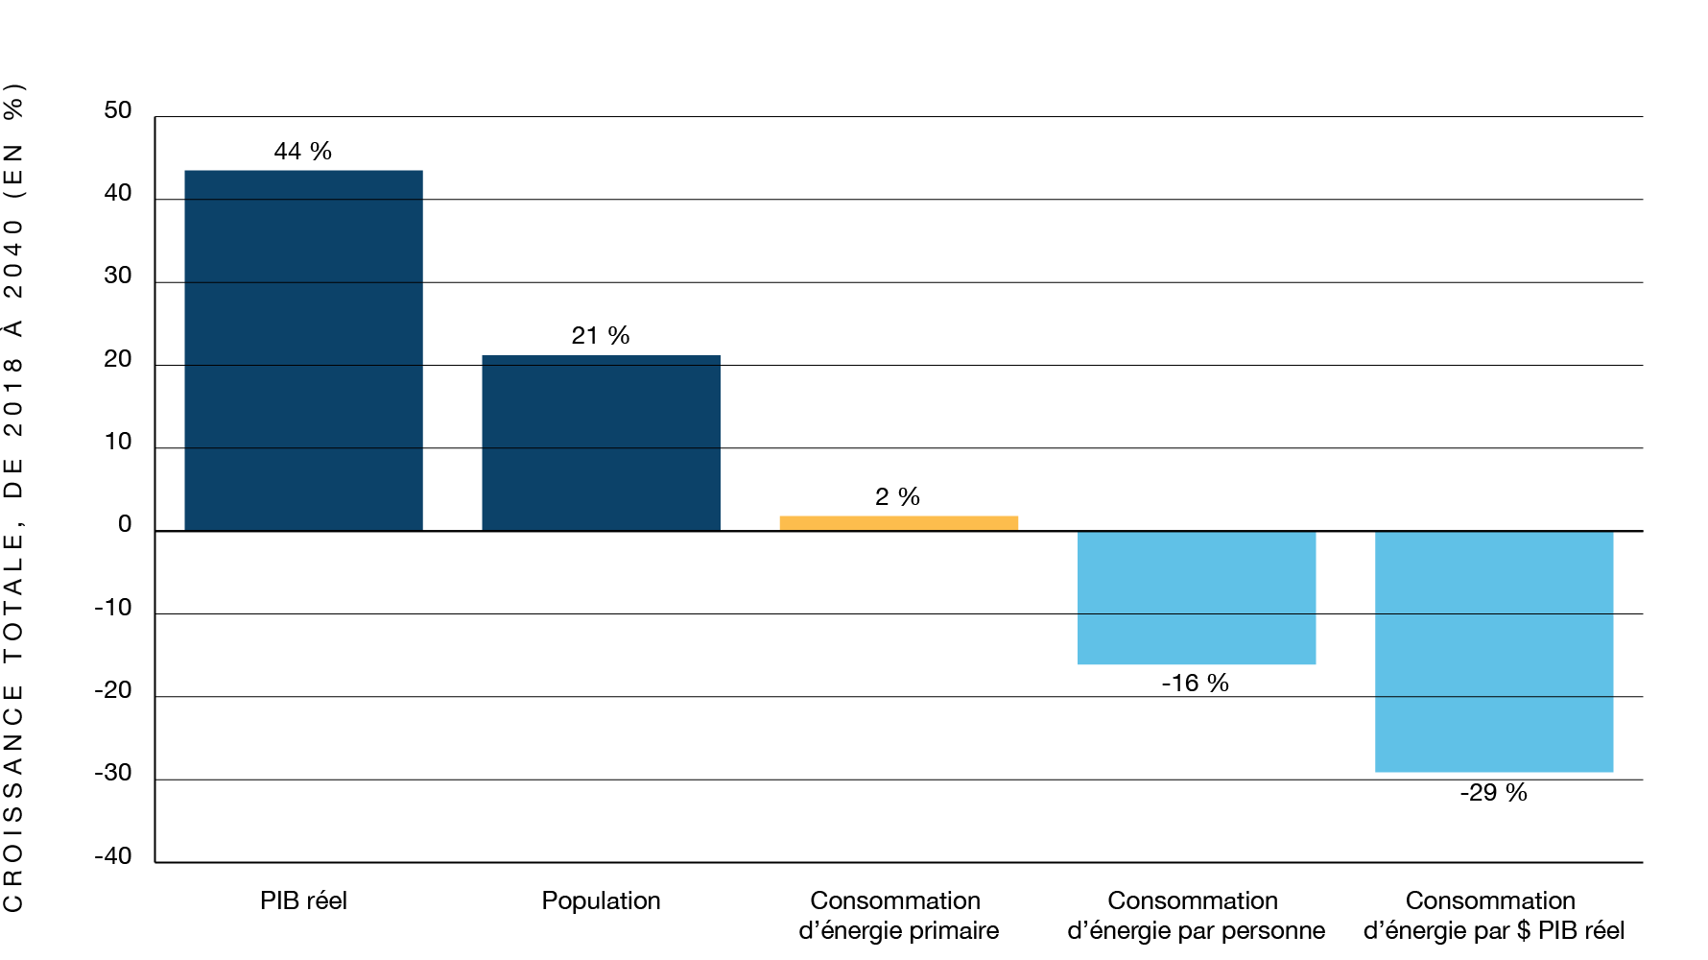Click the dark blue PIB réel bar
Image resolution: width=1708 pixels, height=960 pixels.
point(303,350)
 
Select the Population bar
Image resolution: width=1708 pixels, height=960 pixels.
point(601,443)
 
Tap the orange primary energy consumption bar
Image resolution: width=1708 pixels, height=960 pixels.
point(898,523)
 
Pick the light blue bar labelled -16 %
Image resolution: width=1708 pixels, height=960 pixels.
point(1196,597)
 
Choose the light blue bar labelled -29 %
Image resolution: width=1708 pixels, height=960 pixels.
point(1493,651)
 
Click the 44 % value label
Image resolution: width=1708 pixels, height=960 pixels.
point(303,152)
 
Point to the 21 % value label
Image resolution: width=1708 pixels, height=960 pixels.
point(601,336)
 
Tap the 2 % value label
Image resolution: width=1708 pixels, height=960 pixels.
point(897,497)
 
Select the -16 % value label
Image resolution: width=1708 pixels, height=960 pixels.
point(1195,684)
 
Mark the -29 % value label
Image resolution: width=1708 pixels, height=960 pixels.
point(1493,793)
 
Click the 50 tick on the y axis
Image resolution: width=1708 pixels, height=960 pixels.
point(118,111)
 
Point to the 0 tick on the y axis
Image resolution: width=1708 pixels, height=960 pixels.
point(125,525)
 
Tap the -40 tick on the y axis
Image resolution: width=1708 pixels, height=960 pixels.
point(113,856)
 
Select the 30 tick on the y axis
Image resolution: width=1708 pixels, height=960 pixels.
point(118,276)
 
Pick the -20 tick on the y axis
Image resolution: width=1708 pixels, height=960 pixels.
point(113,691)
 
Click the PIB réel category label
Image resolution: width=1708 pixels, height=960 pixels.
point(303,901)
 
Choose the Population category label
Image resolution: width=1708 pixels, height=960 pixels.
point(601,901)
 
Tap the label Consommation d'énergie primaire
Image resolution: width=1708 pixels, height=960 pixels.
point(898,916)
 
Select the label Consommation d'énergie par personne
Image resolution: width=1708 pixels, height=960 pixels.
point(1196,916)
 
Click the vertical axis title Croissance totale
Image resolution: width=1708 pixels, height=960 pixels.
point(13,497)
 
